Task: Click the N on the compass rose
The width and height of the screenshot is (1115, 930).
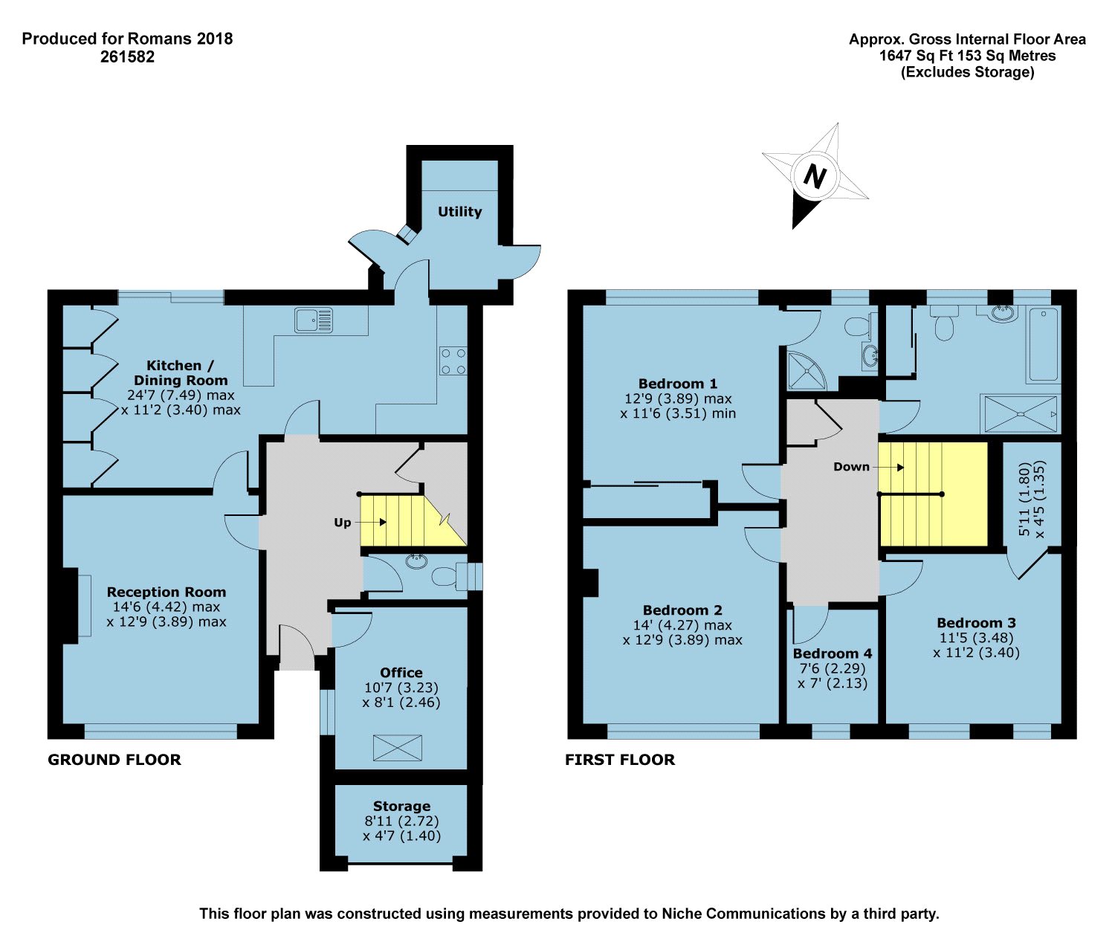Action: [815, 175]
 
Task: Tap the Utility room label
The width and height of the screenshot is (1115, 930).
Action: [460, 212]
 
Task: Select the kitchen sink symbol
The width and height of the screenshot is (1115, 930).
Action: [314, 320]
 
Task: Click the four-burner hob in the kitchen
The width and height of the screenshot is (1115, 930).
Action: [453, 361]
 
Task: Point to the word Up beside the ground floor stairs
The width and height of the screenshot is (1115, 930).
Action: [342, 523]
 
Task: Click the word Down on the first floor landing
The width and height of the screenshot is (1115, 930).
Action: [851, 466]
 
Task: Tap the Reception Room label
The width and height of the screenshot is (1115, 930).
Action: [166, 592]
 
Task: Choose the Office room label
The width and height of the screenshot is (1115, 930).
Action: [401, 673]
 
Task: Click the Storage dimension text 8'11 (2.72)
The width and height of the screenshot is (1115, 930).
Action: [401, 821]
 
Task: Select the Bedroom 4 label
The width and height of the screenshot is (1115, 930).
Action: [832, 653]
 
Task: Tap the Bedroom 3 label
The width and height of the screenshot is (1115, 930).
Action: [976, 622]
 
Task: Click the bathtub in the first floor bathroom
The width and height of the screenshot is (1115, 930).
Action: [1043, 344]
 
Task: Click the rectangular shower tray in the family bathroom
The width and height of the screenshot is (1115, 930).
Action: [1020, 413]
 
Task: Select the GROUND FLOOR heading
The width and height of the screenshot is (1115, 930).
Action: [114, 760]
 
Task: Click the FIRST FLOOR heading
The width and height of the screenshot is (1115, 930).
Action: [620, 760]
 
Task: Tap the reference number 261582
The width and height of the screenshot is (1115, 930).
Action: [127, 56]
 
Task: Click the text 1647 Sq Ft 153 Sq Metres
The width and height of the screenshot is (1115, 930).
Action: [967, 56]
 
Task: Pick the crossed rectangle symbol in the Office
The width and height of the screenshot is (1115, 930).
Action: [397, 747]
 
